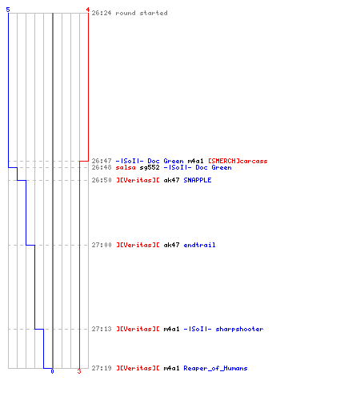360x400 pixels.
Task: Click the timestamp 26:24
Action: [102, 13]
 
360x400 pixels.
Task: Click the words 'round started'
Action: [142, 13]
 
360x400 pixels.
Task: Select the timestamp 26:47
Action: [102, 161]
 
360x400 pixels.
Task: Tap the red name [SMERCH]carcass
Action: [238, 161]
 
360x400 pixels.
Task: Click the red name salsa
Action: [126, 167]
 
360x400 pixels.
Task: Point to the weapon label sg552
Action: [150, 167]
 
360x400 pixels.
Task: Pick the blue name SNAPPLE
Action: [198, 180]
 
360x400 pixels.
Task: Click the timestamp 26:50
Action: [102, 180]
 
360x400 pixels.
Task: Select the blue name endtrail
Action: [199, 245]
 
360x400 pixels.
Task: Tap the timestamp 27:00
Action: [102, 245]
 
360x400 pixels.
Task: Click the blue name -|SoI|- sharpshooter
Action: [223, 329]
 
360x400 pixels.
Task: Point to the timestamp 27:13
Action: [102, 329]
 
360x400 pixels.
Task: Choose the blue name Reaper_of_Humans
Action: [215, 368]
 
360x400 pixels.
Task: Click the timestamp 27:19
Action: [102, 368]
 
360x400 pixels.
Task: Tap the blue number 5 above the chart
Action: [8, 10]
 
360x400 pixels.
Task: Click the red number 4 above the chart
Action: [88, 10]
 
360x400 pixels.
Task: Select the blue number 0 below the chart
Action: [52, 371]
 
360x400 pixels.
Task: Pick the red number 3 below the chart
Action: [79, 371]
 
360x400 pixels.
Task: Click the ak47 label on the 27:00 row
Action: [171, 245]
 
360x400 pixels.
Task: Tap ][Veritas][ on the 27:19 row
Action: [138, 368]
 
